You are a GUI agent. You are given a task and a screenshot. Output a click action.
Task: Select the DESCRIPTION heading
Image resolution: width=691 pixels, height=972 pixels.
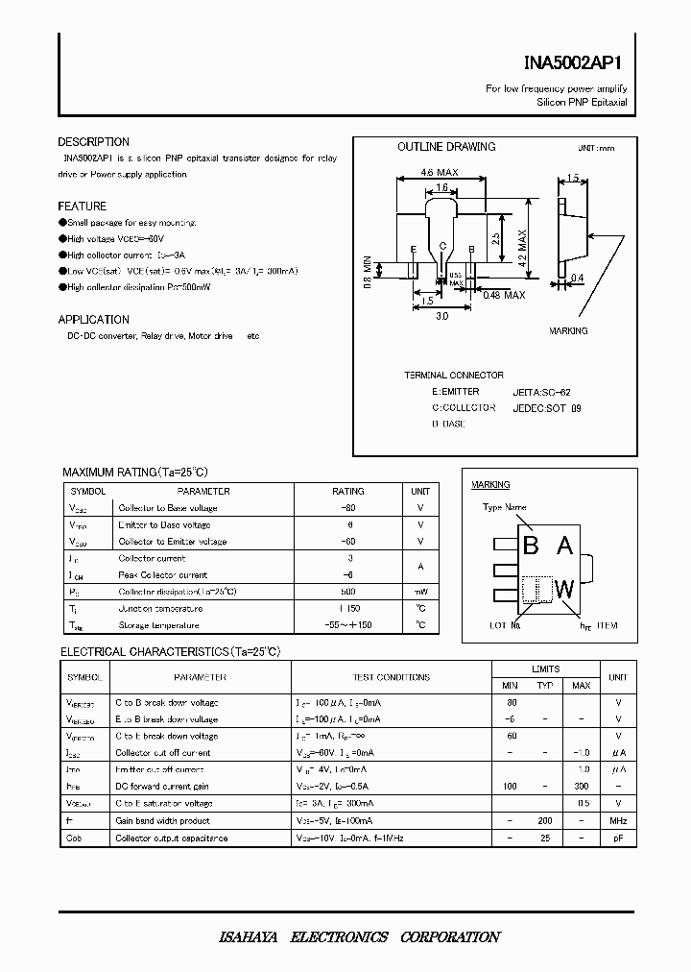93,142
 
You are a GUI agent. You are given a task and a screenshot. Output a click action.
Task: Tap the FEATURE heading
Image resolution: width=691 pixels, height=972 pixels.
82,207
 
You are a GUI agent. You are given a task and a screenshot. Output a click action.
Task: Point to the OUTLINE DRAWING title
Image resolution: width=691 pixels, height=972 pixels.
446,147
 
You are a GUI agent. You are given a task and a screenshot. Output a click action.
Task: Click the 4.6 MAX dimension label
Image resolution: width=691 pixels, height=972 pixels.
440,173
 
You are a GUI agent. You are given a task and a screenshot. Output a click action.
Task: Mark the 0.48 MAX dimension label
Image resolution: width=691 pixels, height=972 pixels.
504,295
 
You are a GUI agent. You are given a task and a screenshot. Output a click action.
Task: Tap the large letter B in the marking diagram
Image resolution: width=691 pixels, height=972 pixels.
531,547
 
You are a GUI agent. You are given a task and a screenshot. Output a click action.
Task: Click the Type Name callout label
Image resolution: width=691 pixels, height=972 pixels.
504,507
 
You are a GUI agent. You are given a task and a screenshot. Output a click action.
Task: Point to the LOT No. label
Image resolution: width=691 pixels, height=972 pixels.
505,625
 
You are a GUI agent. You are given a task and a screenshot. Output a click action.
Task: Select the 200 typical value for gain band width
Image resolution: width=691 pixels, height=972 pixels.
545,820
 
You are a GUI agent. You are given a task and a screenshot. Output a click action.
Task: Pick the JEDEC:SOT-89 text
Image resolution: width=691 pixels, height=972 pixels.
547,407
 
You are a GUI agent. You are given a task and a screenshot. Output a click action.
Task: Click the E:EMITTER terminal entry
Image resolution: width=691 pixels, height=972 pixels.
455,392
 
